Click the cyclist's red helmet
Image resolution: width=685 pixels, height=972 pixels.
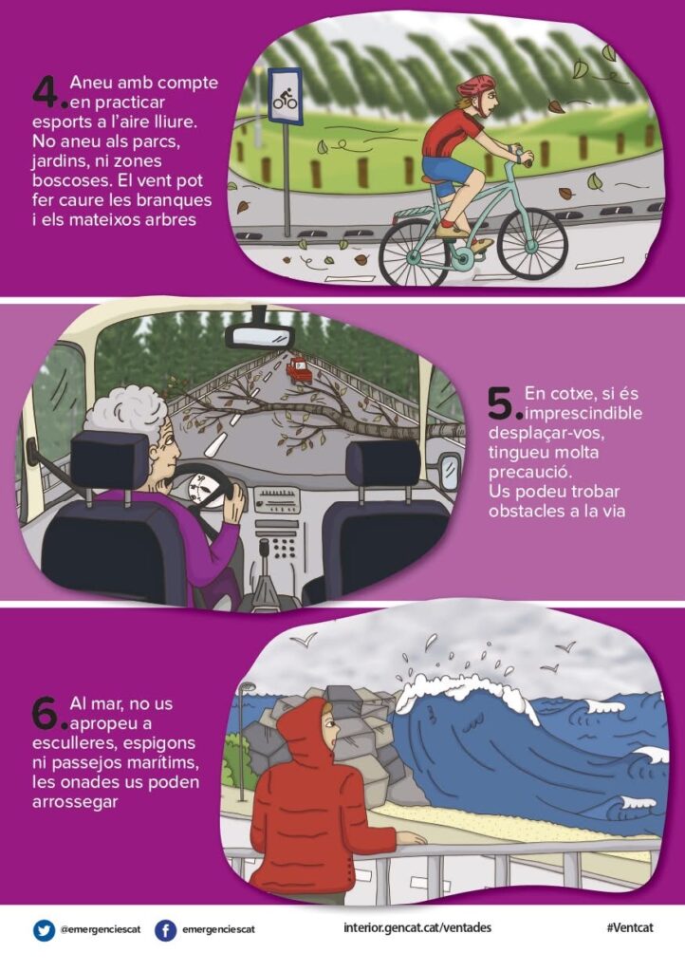[x=476, y=86]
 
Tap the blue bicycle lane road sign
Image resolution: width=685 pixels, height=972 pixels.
[x=285, y=96]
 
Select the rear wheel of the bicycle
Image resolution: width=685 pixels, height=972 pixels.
[x=415, y=252]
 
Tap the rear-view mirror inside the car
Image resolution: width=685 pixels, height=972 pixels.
[x=260, y=336]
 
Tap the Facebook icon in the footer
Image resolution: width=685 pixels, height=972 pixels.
[x=165, y=930]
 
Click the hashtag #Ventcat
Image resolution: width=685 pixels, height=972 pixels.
[x=629, y=928]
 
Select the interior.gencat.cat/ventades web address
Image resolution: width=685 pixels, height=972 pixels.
[x=417, y=928]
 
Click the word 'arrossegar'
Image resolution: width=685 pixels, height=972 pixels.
[x=75, y=802]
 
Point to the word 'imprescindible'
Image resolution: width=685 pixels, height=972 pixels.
[x=583, y=414]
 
